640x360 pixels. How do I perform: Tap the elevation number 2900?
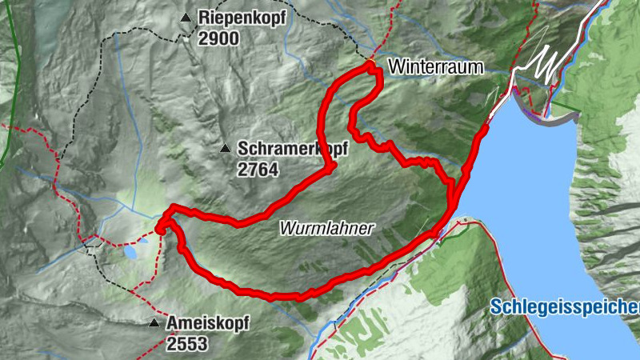tap(220, 38)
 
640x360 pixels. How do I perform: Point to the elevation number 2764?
tap(257, 169)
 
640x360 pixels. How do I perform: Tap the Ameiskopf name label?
tap(208, 324)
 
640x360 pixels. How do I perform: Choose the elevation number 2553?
tap(187, 344)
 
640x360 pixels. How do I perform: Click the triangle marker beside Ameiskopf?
tap(153, 323)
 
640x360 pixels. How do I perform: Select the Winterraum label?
tap(436, 68)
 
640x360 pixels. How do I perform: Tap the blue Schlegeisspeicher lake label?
tap(565, 307)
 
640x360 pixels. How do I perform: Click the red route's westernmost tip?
tap(159, 228)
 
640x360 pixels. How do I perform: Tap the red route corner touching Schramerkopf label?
tap(330, 166)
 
